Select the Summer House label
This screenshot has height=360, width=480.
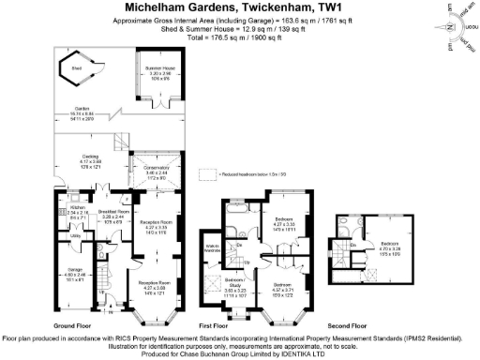click(x=158, y=70)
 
